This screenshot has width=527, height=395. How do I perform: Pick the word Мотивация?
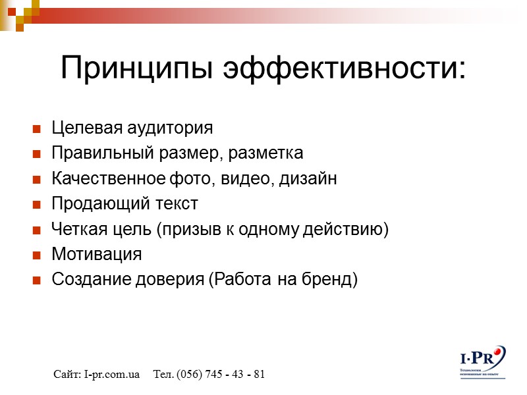(96, 254)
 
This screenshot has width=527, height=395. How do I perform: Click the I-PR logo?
(482, 361)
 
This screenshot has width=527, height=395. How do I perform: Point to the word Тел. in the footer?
(163, 375)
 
